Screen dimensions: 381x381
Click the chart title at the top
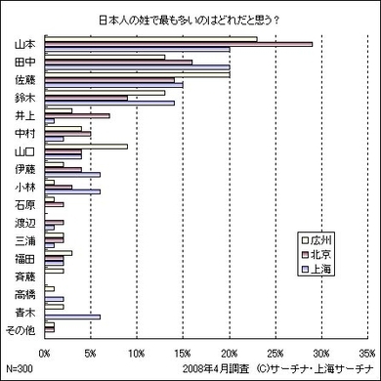189,20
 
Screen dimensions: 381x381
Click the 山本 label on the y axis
25,44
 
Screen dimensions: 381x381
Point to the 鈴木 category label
25,99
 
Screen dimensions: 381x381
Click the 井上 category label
25,116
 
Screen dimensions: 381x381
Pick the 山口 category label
25,151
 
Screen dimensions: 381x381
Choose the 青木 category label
25,312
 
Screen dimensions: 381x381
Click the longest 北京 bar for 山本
176,44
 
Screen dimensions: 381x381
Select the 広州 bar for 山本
147,39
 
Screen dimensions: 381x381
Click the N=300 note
20,370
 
